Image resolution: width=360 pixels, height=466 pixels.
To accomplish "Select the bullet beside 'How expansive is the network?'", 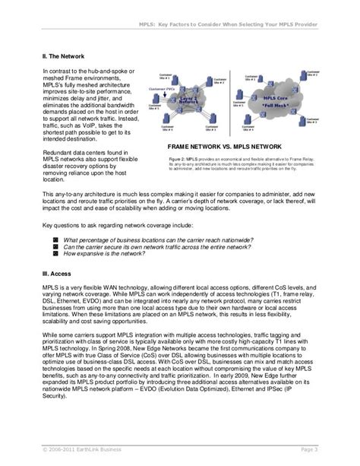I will (x=55, y=253).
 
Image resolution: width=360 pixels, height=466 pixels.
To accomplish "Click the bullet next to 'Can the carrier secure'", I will (x=55, y=246).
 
